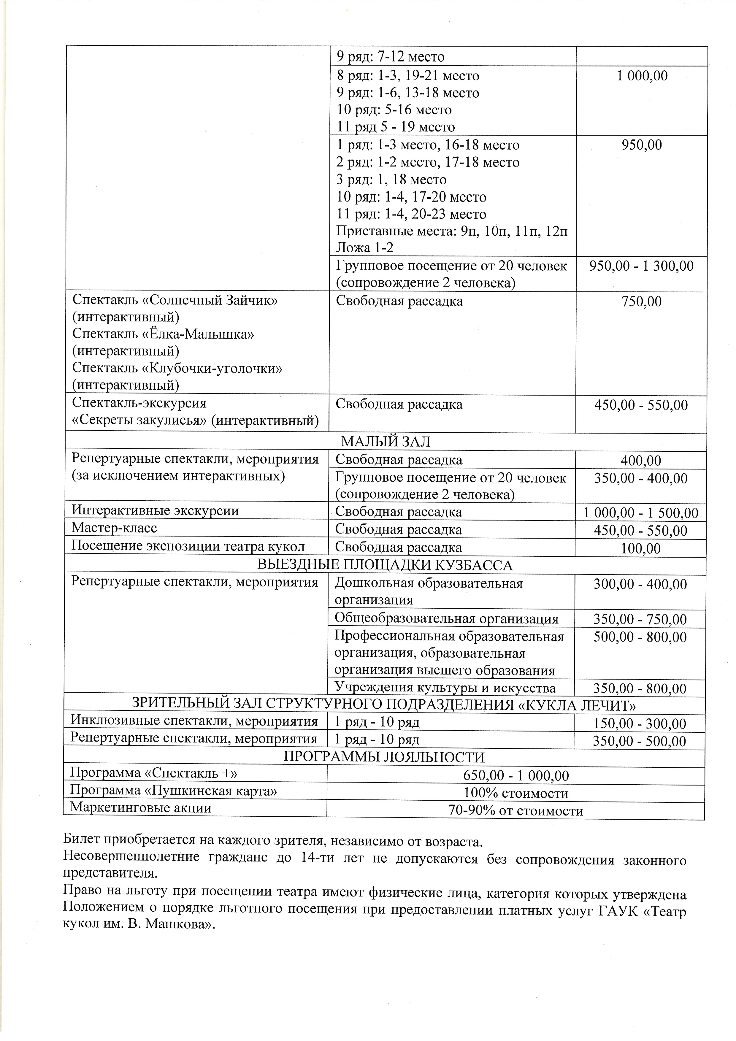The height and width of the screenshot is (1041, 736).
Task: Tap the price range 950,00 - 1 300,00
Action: coord(641,266)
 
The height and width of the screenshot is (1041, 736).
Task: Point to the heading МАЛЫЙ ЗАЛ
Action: coord(386,442)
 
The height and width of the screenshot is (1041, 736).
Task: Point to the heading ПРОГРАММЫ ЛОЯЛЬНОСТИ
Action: coord(384,757)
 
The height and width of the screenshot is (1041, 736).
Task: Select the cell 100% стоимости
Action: coord(515,794)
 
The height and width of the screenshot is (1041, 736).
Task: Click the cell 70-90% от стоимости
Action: coord(515,811)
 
